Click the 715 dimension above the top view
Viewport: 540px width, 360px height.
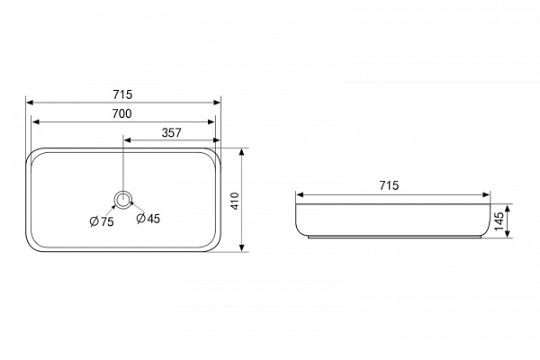tap(122, 94)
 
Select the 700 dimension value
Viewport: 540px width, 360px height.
tap(121, 113)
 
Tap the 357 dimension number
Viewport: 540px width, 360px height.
tap(172, 132)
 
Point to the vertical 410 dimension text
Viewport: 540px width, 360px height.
tap(235, 201)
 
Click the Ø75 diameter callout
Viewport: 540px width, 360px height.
tap(102, 221)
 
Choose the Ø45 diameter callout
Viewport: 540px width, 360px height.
tap(148, 218)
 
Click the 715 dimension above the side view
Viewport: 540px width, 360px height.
tap(389, 185)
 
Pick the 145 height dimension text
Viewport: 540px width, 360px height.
tap(499, 221)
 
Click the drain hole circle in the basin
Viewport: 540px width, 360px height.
tap(122, 200)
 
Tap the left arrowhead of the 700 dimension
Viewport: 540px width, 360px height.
tap(35, 122)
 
